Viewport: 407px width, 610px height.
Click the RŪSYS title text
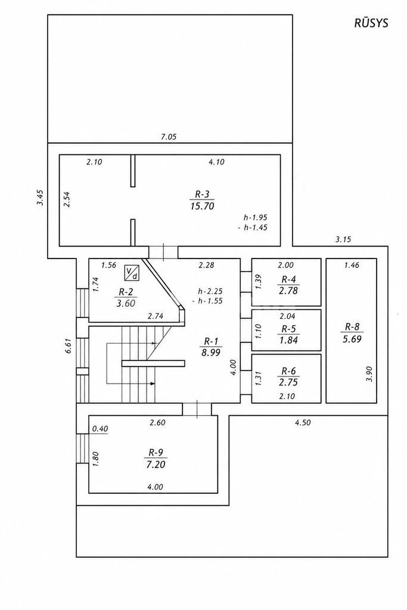[x=371, y=23]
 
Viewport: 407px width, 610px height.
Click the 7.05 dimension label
[x=169, y=136]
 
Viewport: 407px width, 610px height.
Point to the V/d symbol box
[x=132, y=273]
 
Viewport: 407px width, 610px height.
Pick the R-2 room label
[x=126, y=291]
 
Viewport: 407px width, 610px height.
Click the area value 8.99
[x=211, y=353]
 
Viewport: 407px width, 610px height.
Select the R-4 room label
[x=288, y=279]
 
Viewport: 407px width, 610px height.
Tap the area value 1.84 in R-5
[x=288, y=340]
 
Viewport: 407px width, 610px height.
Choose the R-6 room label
[x=289, y=371]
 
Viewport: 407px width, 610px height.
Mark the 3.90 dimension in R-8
[x=369, y=374]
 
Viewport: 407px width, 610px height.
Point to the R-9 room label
[x=156, y=453]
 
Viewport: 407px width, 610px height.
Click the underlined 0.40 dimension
[x=100, y=429]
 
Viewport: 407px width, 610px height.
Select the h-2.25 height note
[x=210, y=291]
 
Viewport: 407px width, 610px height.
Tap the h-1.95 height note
[x=255, y=217]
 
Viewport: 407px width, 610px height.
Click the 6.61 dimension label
[x=69, y=346]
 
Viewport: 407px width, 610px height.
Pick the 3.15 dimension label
[x=343, y=239]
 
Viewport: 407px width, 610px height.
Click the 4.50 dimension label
[x=303, y=422]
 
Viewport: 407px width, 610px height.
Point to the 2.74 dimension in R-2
[x=156, y=316]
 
